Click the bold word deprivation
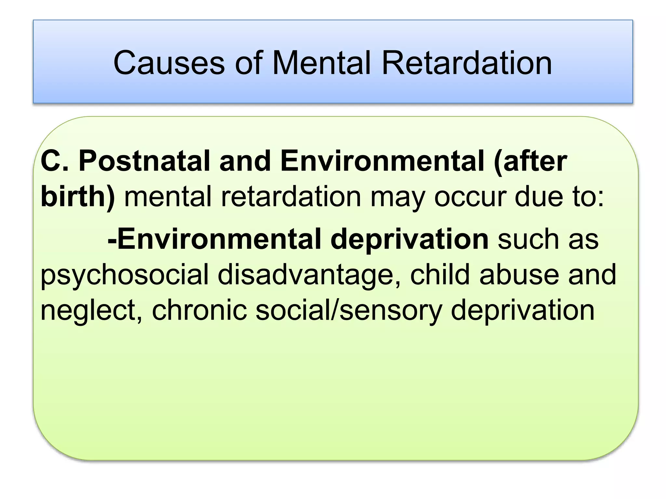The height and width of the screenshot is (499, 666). (409, 239)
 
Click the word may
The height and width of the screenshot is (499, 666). (397, 197)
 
